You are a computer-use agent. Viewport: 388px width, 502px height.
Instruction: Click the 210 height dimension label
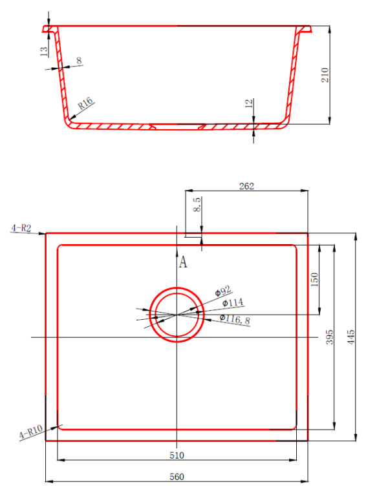(x=325, y=75)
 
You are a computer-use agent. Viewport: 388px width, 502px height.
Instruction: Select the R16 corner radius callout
(x=85, y=103)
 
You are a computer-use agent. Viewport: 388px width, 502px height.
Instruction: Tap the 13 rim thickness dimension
(x=43, y=51)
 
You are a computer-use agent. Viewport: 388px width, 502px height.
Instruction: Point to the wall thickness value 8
(x=79, y=60)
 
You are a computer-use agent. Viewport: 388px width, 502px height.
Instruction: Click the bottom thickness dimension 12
(x=249, y=103)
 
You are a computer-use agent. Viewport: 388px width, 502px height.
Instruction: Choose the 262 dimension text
(x=246, y=186)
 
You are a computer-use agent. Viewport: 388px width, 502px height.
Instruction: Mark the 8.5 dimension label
(x=197, y=204)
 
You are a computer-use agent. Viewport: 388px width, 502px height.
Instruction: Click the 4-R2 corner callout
(x=21, y=228)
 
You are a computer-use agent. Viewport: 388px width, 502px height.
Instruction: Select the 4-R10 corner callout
(x=31, y=432)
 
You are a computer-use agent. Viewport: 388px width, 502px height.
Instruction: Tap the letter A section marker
(x=183, y=262)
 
